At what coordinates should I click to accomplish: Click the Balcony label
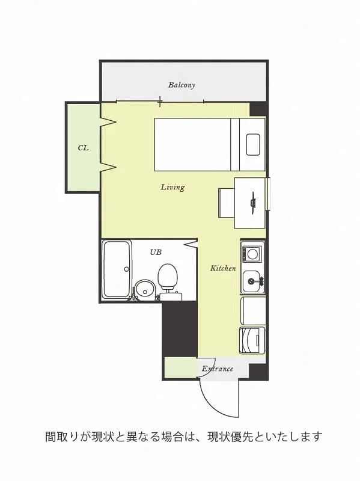(182, 85)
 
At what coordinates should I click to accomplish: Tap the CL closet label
(83, 148)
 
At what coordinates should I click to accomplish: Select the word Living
(173, 187)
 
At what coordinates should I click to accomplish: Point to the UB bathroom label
(156, 252)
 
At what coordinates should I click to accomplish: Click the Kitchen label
(223, 268)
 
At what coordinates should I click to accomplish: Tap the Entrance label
(218, 369)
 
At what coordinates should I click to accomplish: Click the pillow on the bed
(253, 145)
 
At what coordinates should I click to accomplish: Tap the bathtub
(117, 269)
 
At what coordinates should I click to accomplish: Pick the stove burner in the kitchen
(252, 254)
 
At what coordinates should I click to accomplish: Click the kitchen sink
(252, 281)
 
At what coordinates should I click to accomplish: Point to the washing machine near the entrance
(252, 340)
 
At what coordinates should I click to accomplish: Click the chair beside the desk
(227, 203)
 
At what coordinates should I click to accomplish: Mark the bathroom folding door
(191, 244)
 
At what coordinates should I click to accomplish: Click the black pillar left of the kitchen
(179, 329)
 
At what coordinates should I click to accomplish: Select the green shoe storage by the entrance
(181, 368)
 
